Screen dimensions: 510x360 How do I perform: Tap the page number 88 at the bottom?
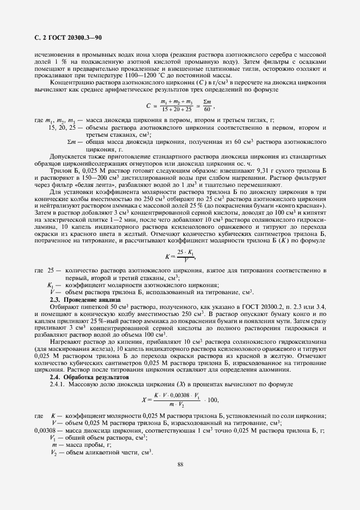[x=180, y=464]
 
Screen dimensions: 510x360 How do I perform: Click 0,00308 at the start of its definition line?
[x=45, y=430]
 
